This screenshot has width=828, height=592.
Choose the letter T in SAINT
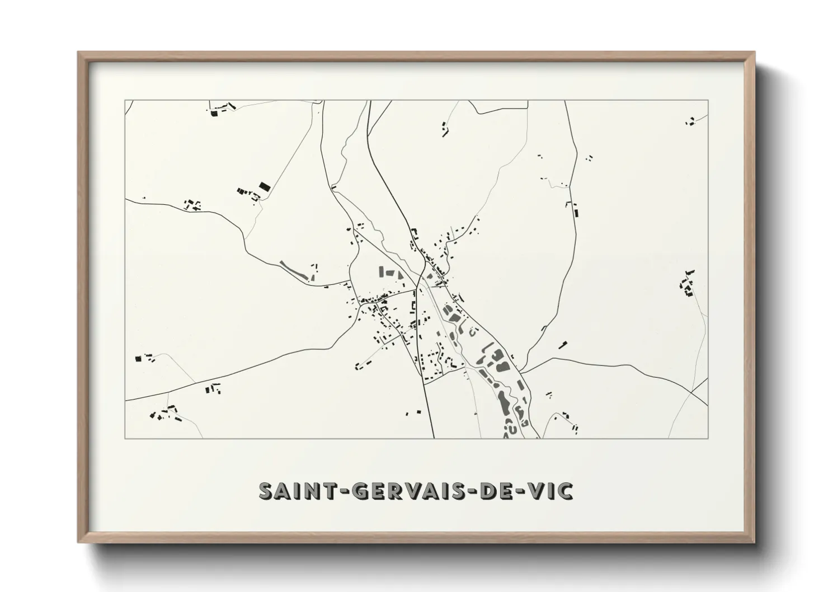click(324, 491)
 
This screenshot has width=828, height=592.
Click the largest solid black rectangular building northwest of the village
click(264, 186)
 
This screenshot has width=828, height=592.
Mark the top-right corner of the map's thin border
click(708, 100)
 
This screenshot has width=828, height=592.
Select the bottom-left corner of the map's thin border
click(125, 438)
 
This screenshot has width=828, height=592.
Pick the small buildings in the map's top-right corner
click(690, 121)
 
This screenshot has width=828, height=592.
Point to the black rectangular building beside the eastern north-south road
click(575, 212)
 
